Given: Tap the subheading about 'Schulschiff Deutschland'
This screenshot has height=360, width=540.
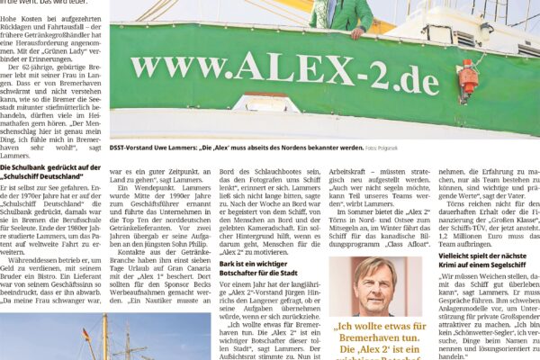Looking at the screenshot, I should (x=52, y=173).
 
